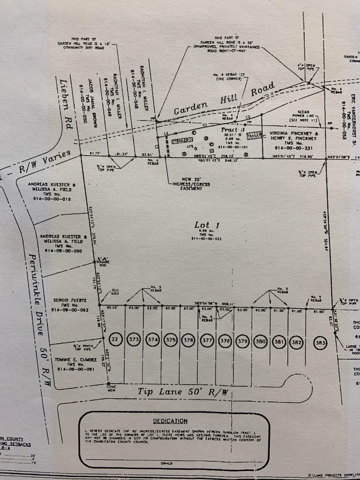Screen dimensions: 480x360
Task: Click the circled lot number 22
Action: (115, 340)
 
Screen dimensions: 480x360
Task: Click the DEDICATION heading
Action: (170, 421)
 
